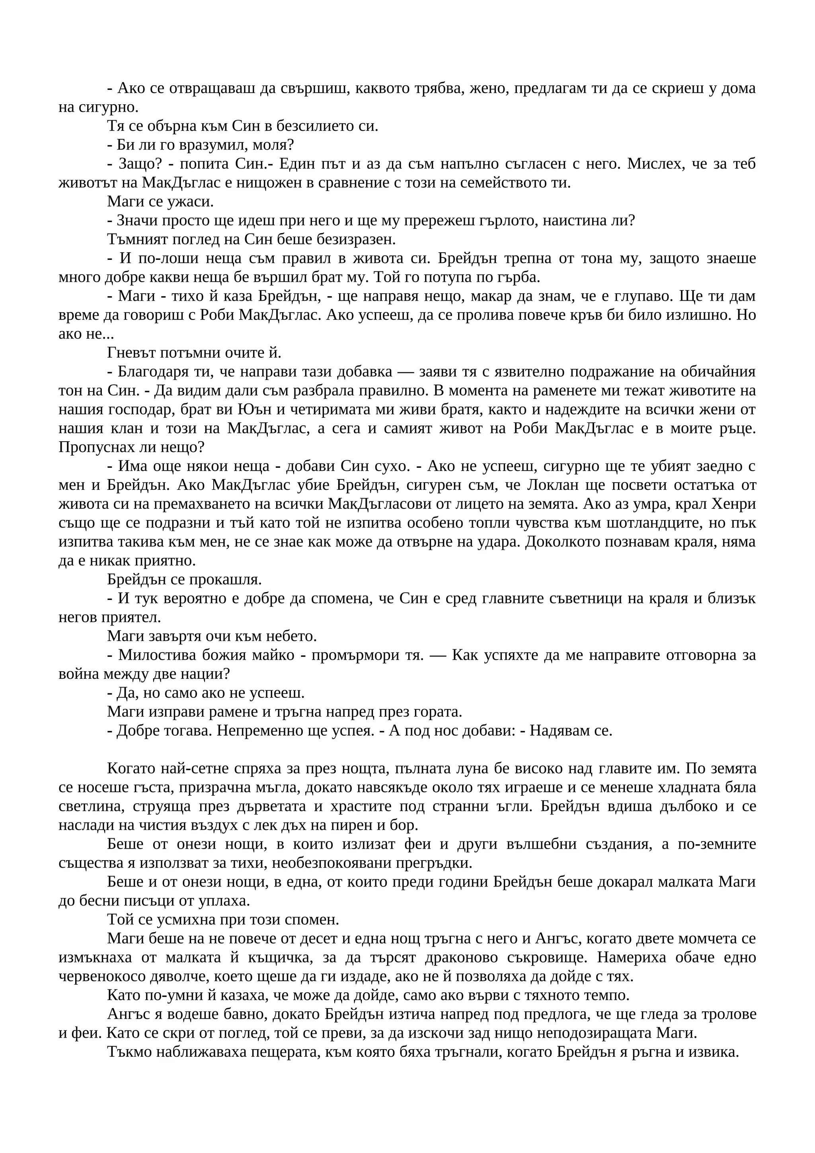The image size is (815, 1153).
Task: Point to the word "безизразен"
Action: click(x=361, y=239)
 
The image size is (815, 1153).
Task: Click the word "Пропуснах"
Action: click(x=94, y=448)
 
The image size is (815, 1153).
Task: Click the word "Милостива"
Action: click(x=156, y=655)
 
